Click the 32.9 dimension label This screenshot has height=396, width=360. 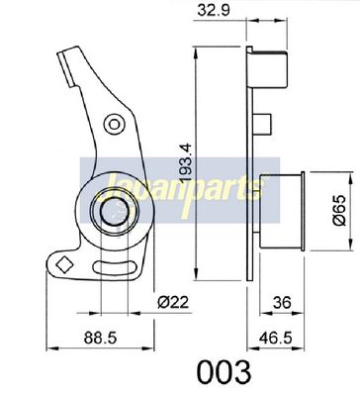(x=213, y=10)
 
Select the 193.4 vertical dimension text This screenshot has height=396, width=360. (x=187, y=162)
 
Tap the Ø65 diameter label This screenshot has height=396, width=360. (x=339, y=210)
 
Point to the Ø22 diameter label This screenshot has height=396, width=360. (x=173, y=302)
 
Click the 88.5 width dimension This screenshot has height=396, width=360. (x=100, y=338)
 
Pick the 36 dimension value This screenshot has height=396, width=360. (x=283, y=302)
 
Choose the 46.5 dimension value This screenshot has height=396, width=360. (x=276, y=338)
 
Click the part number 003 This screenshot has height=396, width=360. (x=224, y=372)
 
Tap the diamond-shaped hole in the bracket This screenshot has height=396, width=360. (x=64, y=264)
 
